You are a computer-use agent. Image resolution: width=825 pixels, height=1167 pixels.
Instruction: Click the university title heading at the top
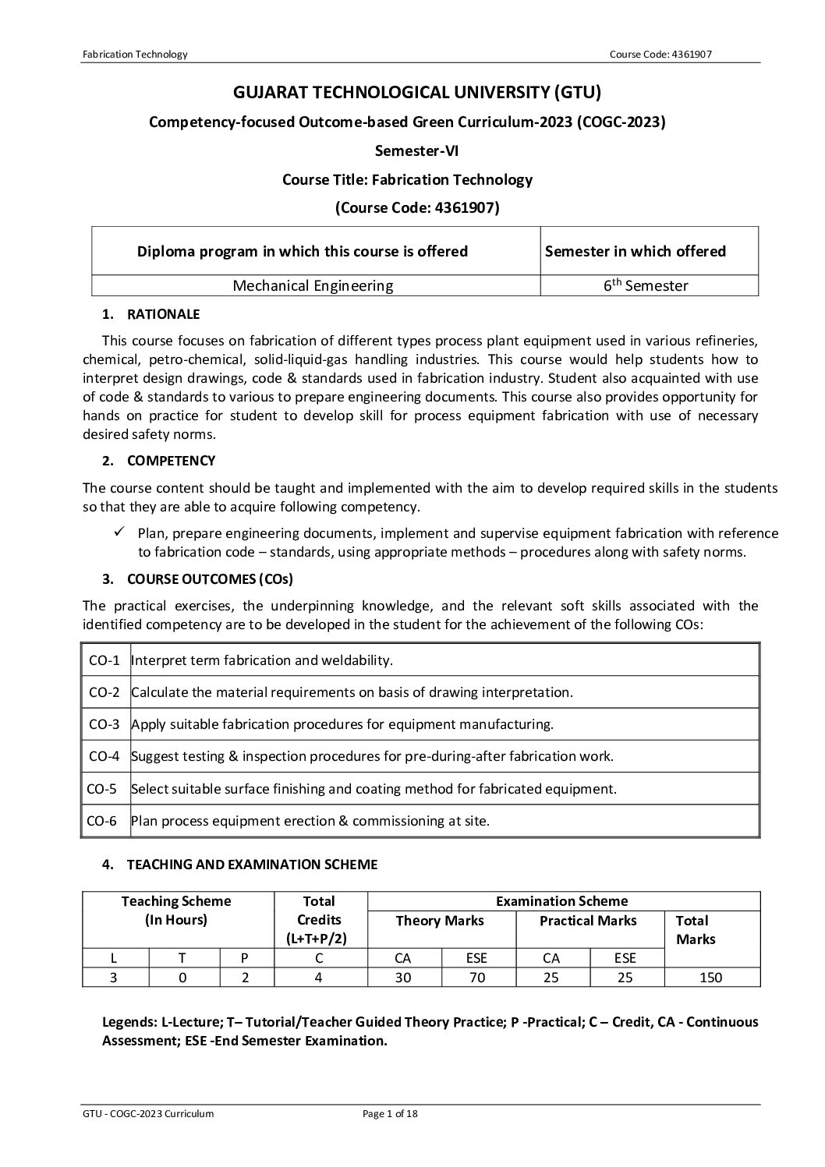click(417, 93)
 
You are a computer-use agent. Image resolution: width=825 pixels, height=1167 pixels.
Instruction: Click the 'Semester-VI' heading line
click(416, 150)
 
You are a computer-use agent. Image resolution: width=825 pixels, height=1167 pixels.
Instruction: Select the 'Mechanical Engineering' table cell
click(313, 285)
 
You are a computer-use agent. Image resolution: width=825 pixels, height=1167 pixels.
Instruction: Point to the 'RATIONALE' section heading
click(163, 314)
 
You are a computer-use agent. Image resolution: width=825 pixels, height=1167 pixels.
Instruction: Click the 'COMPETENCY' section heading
click(171, 461)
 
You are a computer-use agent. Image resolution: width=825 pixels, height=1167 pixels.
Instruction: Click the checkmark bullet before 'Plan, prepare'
click(120, 532)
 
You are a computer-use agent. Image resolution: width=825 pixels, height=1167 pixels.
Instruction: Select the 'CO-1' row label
click(104, 660)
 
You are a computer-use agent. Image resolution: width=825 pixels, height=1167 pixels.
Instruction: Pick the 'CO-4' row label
click(104, 756)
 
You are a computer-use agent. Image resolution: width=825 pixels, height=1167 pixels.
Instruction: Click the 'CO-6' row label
click(104, 820)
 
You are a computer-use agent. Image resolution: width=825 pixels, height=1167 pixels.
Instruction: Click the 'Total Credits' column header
click(319, 920)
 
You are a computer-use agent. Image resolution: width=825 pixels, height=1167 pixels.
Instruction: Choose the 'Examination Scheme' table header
click(561, 901)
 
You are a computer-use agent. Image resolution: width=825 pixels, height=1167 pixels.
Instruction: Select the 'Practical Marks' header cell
click(588, 921)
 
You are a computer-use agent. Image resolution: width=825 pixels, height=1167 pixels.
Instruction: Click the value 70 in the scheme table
click(476, 978)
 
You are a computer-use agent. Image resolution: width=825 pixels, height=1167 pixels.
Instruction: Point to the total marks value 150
click(710, 978)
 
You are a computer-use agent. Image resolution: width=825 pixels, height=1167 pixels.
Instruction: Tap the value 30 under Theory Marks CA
click(403, 978)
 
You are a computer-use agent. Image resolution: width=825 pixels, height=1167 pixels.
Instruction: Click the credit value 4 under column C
click(318, 978)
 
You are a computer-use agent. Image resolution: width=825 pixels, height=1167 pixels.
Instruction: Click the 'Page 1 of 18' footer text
click(391, 1114)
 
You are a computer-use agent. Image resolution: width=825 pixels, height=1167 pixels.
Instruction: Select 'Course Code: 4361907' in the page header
click(660, 54)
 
